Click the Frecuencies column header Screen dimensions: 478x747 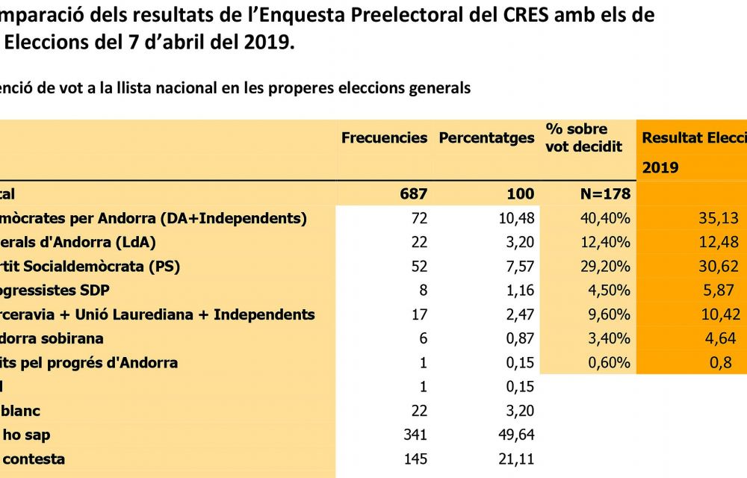pyautogui.click(x=384, y=138)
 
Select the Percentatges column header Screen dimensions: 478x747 pyautogui.click(x=486, y=138)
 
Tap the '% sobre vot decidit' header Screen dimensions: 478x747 pyautogui.click(x=583, y=138)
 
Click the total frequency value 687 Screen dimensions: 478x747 pyautogui.click(x=412, y=194)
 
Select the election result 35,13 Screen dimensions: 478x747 pyautogui.click(x=719, y=219)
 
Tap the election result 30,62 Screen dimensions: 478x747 pyautogui.click(x=719, y=267)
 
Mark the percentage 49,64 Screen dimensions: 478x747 pyautogui.click(x=515, y=435)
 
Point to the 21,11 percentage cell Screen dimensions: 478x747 pyautogui.click(x=516, y=459)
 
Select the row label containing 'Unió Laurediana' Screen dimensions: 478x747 pyautogui.click(x=157, y=314)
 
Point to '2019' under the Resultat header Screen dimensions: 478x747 pyautogui.click(x=660, y=167)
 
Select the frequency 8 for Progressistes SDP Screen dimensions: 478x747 pyautogui.click(x=422, y=291)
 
